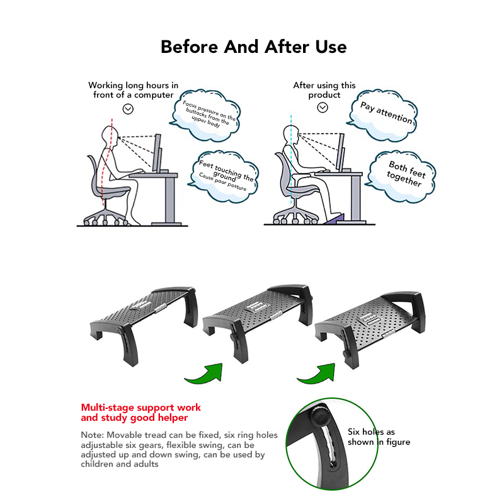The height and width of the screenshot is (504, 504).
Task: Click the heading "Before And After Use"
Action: pos(254,47)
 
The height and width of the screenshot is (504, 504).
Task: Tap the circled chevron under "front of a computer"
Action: pos(128,109)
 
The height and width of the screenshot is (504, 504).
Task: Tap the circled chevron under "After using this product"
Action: pos(323,107)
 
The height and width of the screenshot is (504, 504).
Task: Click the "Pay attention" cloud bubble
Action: pos(382,116)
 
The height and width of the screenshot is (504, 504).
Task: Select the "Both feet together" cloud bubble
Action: pos(402,176)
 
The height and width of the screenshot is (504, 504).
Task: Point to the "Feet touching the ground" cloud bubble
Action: pos(224,176)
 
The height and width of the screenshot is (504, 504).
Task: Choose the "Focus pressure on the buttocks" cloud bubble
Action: pos(206,115)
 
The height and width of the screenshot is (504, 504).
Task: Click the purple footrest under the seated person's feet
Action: pos(335,219)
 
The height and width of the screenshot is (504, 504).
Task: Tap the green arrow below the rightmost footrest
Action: pos(317,374)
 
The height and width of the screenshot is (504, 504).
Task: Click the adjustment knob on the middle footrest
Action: pos(232,336)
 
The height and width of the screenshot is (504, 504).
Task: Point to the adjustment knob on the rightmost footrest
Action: pos(346,353)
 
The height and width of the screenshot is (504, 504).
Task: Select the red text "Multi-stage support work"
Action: pos(140,407)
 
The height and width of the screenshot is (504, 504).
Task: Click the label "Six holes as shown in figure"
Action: pos(379,437)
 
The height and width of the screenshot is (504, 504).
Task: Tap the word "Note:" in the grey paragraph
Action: pos(92,435)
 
